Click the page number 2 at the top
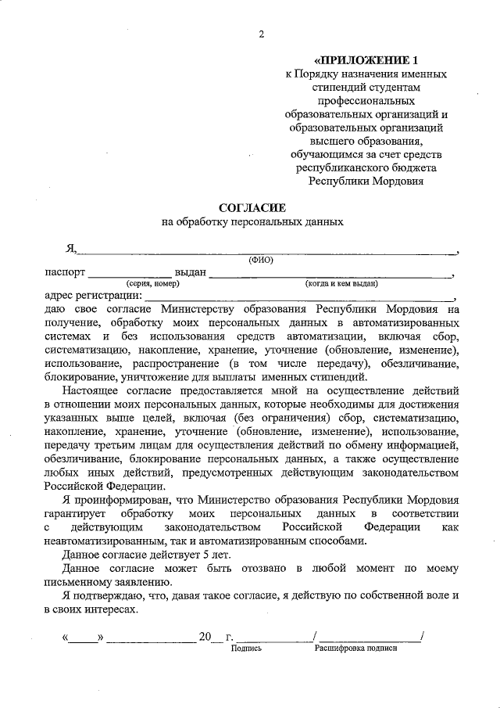click(261, 34)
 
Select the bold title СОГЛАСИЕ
click(252, 208)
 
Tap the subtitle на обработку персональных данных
click(252, 222)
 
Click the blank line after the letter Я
click(266, 251)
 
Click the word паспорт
click(66, 272)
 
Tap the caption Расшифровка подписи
click(355, 649)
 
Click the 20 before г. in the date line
click(206, 638)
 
